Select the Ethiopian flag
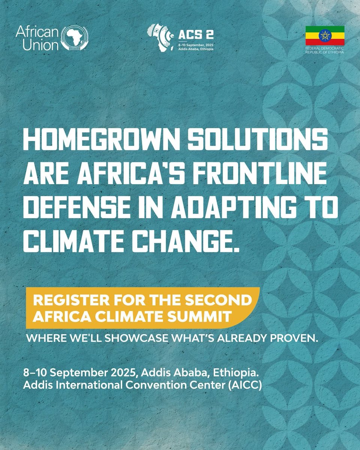click(324, 36)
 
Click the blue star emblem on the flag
click(324, 36)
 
